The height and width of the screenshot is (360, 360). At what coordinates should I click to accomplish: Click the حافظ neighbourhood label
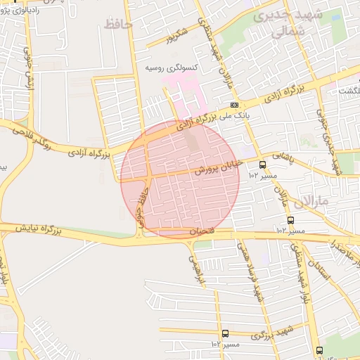coord(117,25)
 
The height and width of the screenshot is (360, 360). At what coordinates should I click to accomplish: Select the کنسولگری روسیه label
coord(171,69)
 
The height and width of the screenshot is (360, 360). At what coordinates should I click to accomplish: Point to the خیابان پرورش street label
coord(217,167)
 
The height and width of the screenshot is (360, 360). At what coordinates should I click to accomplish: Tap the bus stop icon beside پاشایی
coord(262,165)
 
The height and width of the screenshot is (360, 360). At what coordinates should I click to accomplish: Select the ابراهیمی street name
coord(195,268)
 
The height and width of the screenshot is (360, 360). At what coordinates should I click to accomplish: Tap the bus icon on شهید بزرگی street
coord(225,334)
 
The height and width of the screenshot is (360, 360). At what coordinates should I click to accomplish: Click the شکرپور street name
coord(173,34)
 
